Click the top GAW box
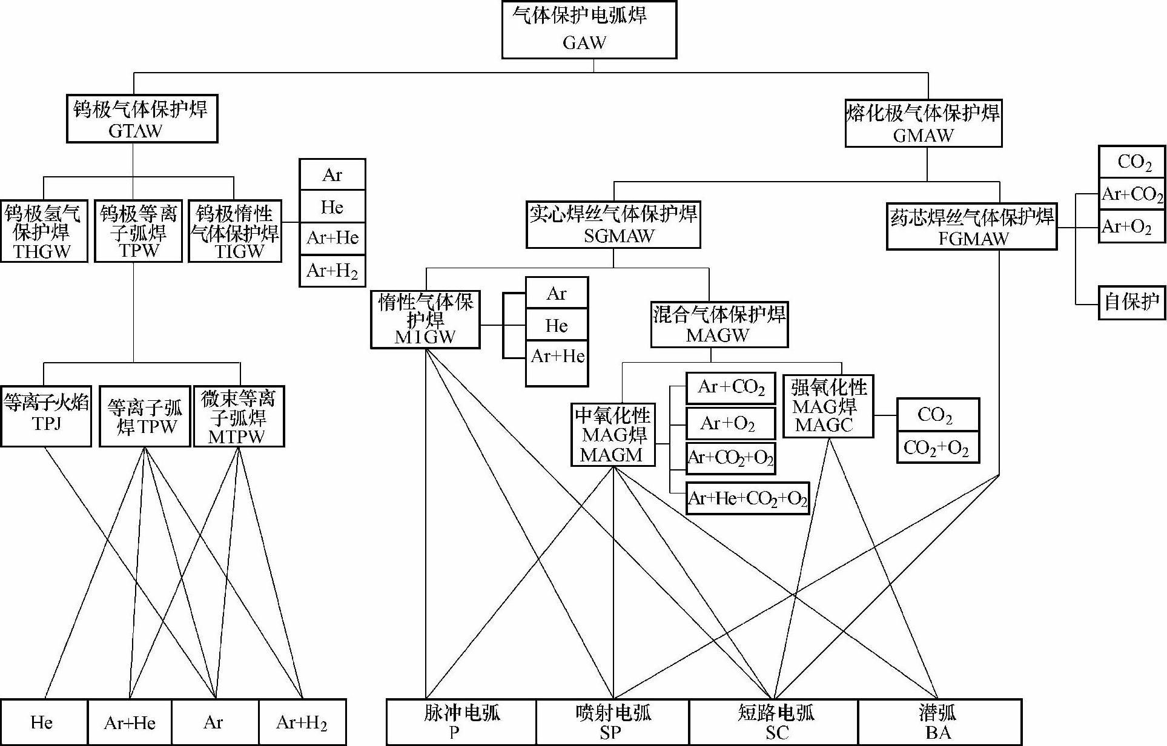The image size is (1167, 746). click(x=589, y=29)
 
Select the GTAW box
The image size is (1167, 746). click(x=142, y=119)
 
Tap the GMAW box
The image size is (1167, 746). click(x=923, y=124)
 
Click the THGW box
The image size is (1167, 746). click(x=44, y=231)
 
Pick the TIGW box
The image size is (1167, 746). click(x=235, y=231)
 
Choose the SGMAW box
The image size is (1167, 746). click(x=613, y=225)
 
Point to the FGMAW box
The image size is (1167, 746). click(x=971, y=226)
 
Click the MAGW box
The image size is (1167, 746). click(x=719, y=325)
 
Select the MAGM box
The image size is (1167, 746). click(x=613, y=435)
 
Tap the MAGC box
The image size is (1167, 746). click(x=828, y=406)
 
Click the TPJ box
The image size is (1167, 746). click(x=46, y=416)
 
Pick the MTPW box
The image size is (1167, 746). click(x=239, y=417)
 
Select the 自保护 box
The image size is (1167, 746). click(x=1131, y=302)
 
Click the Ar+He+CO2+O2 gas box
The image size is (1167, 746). click(x=748, y=498)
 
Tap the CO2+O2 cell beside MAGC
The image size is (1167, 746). click(x=937, y=448)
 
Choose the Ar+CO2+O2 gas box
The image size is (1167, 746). click(x=730, y=458)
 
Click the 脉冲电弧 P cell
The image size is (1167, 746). click(x=461, y=722)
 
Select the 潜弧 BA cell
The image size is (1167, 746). click(x=939, y=722)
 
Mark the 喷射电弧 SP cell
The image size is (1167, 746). click(x=612, y=722)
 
